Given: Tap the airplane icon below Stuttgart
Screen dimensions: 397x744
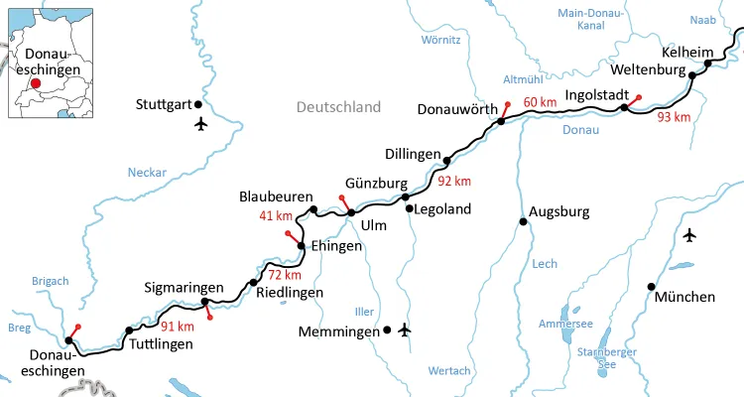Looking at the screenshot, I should pyautogui.click(x=202, y=124).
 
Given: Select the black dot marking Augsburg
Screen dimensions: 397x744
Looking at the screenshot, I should pyautogui.click(x=524, y=221).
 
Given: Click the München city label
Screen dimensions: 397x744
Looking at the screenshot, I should pyautogui.click(x=685, y=297).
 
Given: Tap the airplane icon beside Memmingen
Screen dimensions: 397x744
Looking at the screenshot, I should pyautogui.click(x=403, y=330).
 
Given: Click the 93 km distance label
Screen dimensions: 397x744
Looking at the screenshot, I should pyautogui.click(x=674, y=117).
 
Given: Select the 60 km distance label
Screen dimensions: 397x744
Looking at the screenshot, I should pyautogui.click(x=540, y=102).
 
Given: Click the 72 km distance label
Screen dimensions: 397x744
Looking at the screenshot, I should pyautogui.click(x=284, y=274).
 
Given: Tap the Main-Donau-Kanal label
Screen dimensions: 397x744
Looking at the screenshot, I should pyautogui.click(x=590, y=20).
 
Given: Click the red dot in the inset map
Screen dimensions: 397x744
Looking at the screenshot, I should pyautogui.click(x=36, y=84).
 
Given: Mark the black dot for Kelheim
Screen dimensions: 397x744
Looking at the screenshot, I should pyautogui.click(x=707, y=65).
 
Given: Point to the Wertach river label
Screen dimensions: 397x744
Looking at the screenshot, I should pyautogui.click(x=449, y=370).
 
